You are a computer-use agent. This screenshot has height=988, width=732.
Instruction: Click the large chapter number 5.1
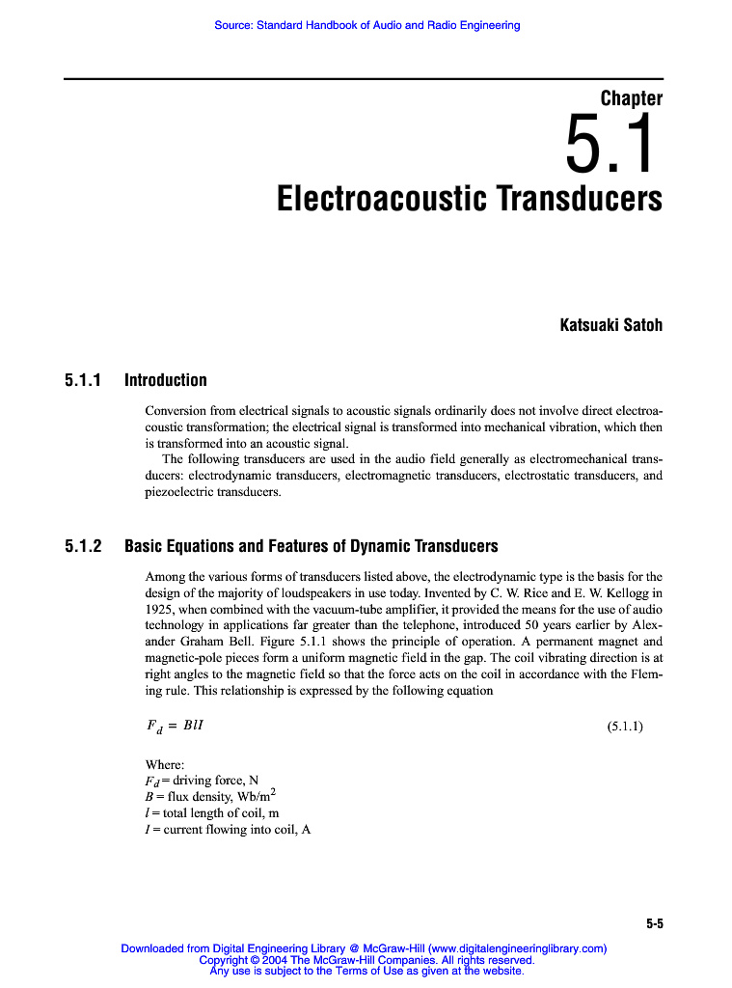click(x=611, y=146)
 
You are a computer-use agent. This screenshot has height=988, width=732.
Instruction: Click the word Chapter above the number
click(x=631, y=98)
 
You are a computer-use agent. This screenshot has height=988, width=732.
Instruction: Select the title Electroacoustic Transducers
click(x=470, y=200)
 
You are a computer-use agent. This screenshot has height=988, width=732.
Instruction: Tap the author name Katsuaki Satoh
click(x=611, y=325)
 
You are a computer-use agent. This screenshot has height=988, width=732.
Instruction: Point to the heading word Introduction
click(x=166, y=380)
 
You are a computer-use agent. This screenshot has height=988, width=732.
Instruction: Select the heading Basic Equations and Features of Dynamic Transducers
click(x=312, y=547)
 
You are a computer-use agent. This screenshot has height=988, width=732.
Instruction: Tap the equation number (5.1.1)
click(x=625, y=727)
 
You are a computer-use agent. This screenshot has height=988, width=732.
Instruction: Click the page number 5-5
click(x=654, y=924)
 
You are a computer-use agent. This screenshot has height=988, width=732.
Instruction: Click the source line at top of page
click(x=366, y=25)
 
